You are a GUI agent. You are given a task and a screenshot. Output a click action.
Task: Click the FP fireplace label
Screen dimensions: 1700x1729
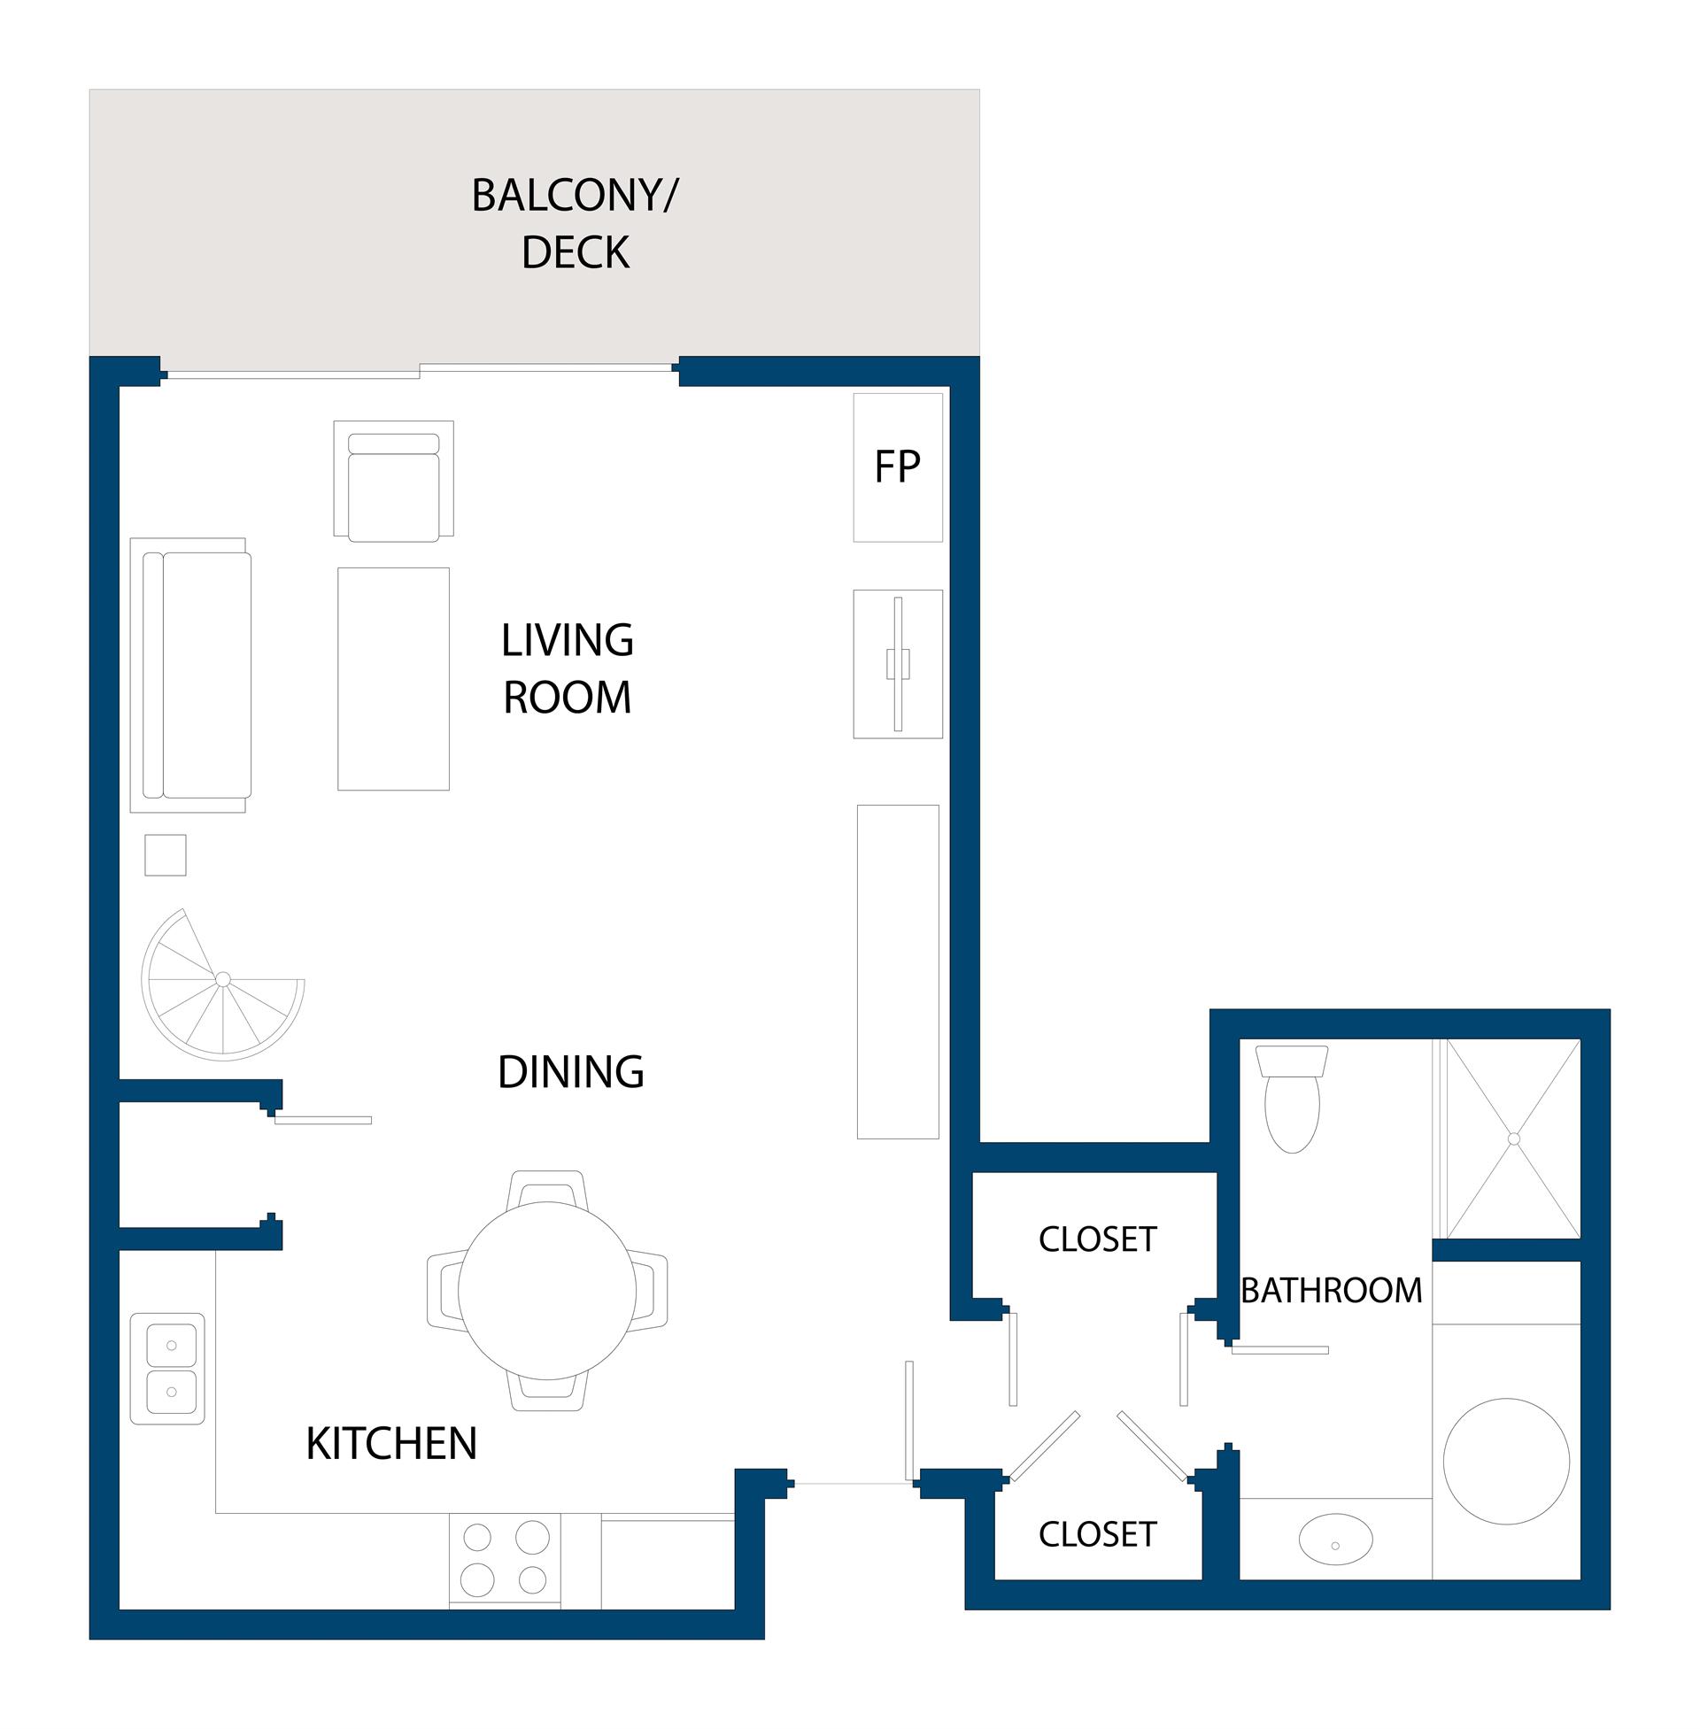(897, 466)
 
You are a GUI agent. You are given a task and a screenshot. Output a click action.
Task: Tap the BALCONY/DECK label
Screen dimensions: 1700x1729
(575, 223)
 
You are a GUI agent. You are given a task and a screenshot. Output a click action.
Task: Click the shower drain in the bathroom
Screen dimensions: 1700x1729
(1513, 1139)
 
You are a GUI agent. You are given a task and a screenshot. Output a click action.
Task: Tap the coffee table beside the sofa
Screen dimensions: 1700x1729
(394, 678)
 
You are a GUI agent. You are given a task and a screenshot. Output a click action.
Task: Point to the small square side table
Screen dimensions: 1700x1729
(166, 855)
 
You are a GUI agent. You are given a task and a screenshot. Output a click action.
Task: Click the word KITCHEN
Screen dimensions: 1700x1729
(391, 1443)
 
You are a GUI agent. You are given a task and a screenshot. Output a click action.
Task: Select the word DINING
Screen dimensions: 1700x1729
(570, 1071)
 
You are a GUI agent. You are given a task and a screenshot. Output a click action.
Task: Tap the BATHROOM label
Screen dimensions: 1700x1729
(1332, 1290)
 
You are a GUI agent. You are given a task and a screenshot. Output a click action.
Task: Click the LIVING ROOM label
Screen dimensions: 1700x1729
(568, 668)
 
